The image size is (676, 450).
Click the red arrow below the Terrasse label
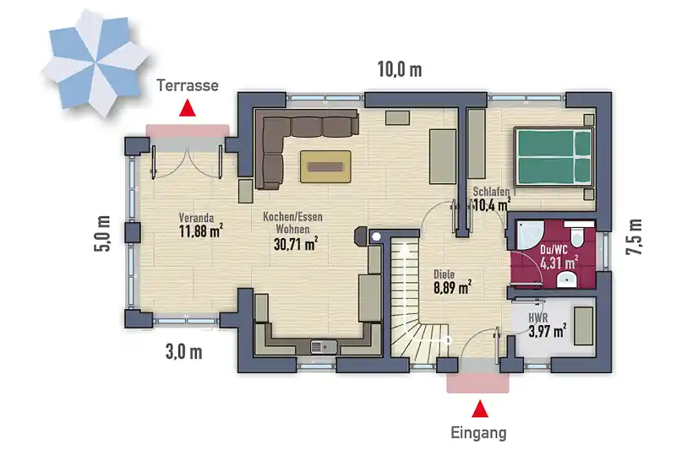(188, 109)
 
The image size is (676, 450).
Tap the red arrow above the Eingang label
(480, 409)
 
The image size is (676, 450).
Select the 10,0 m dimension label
(400, 69)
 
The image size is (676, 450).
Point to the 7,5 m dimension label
(634, 237)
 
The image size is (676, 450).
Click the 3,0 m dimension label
(183, 352)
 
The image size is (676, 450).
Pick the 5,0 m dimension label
(103, 234)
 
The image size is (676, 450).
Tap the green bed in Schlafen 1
(553, 157)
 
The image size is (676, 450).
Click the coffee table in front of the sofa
(325, 166)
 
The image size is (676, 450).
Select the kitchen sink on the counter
(324, 346)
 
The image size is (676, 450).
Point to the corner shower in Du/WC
(530, 236)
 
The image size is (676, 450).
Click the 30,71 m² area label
(296, 245)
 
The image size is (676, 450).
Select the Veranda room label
(196, 218)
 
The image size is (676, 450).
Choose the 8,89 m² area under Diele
(452, 287)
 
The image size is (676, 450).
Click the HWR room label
(538, 317)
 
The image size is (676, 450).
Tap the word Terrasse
(188, 85)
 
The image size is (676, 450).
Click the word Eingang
(478, 432)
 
